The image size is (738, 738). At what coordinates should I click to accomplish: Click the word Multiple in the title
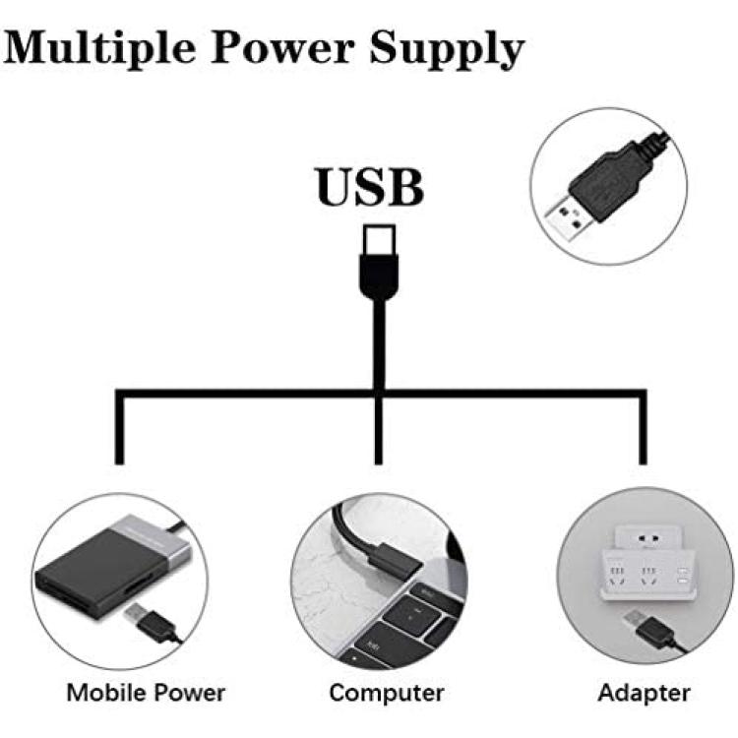coord(99,48)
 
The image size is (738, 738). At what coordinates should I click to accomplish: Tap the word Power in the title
coord(282,47)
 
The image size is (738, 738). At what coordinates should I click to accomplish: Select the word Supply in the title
coord(447,49)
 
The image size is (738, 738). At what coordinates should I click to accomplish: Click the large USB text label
coord(370,187)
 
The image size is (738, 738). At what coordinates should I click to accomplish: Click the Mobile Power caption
coord(146,693)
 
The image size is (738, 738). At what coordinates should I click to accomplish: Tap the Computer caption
coord(387,693)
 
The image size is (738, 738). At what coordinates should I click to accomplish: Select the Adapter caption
coord(644,693)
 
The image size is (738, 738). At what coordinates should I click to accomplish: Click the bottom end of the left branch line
coord(119,464)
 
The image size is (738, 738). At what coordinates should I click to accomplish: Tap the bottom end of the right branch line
coord(643,464)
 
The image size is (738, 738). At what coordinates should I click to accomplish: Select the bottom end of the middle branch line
coord(379,464)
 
